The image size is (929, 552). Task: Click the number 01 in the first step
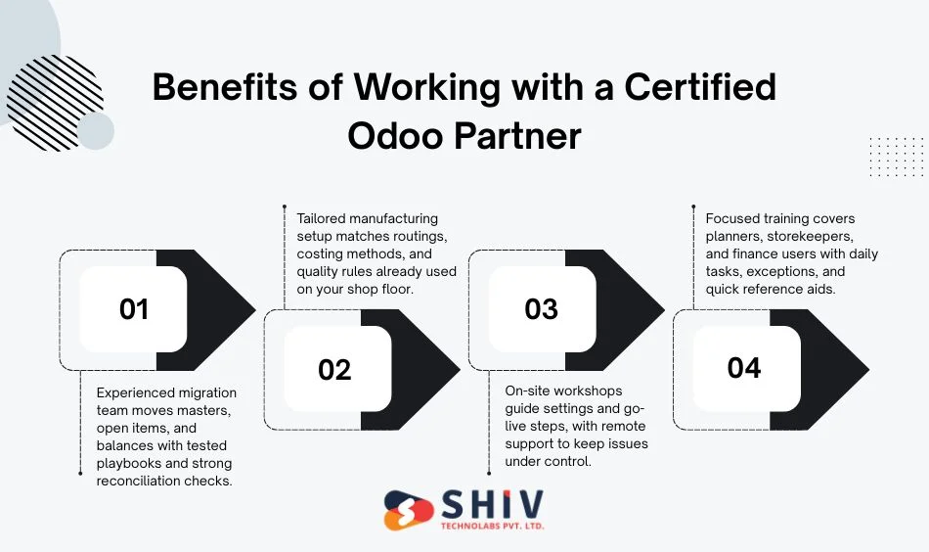tap(133, 309)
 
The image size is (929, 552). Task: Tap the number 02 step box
tap(334, 369)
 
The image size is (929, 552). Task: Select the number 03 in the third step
tap(541, 309)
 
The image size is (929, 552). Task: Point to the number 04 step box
tap(744, 368)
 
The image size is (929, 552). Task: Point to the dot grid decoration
tap(896, 157)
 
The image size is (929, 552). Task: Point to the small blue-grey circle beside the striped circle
tap(95, 131)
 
